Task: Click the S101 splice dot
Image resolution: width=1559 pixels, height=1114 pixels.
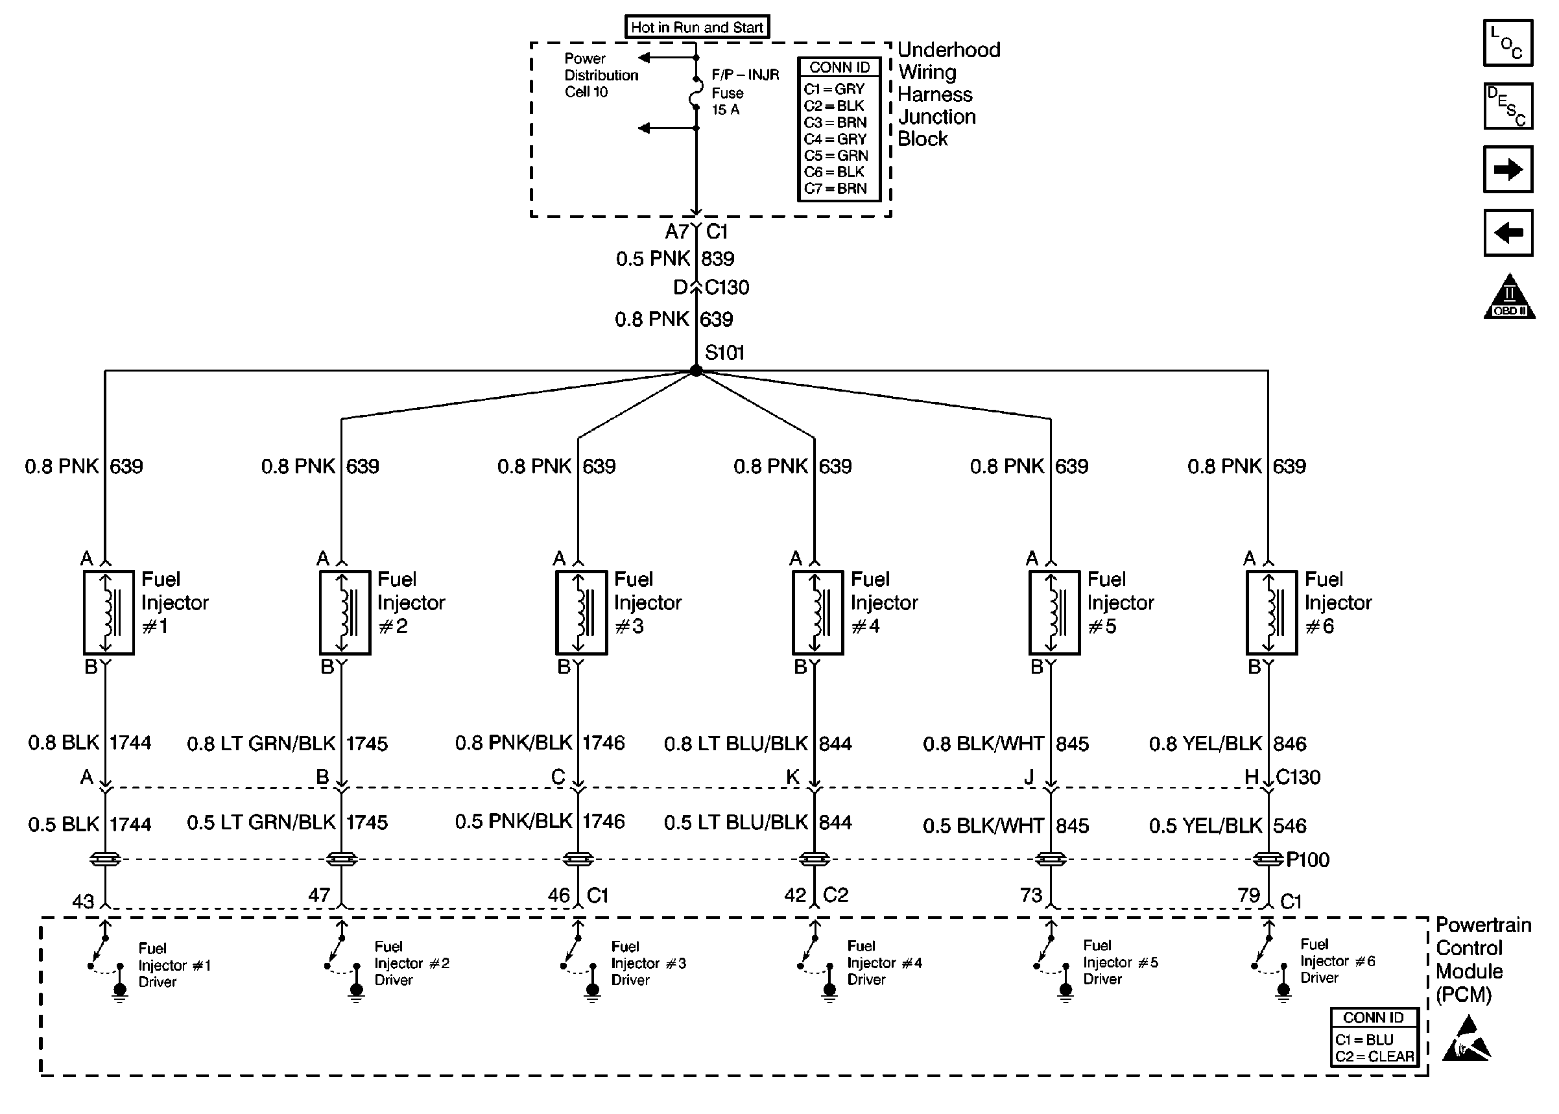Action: (695, 370)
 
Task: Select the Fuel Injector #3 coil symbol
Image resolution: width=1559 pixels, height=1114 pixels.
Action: (581, 613)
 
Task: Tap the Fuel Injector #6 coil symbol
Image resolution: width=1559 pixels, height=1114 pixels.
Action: (1271, 613)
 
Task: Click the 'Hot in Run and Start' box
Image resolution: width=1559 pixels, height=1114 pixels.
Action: (697, 27)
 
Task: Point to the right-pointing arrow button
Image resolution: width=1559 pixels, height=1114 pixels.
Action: (1508, 169)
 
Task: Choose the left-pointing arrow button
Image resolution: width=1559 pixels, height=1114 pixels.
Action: (1508, 233)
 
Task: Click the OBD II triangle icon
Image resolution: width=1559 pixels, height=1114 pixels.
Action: (1509, 296)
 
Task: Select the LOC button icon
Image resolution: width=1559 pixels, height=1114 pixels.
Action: (1508, 43)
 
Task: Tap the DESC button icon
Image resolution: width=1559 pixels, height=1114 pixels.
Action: (1508, 106)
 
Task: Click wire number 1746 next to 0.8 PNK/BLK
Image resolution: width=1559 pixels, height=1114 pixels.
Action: (604, 743)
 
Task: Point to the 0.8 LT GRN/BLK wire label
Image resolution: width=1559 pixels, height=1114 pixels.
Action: (261, 744)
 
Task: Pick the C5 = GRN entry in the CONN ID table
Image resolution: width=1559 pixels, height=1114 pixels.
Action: (835, 156)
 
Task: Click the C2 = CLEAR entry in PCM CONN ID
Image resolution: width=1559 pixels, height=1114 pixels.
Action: (1374, 1056)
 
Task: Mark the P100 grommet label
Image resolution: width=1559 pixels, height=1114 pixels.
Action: (1307, 860)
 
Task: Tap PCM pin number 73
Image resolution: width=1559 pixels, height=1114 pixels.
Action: (1031, 895)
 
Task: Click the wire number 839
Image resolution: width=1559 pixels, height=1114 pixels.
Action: (717, 259)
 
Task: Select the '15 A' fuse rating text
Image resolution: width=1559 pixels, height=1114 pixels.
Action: (726, 110)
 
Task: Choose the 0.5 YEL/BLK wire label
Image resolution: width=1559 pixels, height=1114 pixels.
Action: (1205, 826)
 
